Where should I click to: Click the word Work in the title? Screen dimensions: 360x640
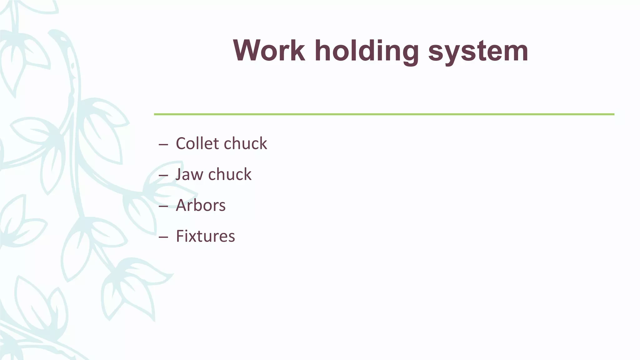pyautogui.click(x=269, y=51)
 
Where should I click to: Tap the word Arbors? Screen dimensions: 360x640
pyautogui.click(x=201, y=205)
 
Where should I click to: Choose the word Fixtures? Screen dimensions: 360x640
pyautogui.click(x=205, y=236)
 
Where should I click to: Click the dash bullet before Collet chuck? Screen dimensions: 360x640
pyautogui.click(x=163, y=145)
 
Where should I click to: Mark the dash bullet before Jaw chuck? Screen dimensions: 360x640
pyautogui.click(x=163, y=176)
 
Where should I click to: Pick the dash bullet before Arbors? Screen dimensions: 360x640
pyautogui.click(x=163, y=207)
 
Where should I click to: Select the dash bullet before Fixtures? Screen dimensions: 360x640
pyautogui.click(x=163, y=237)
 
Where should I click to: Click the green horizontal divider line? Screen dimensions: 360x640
pyautogui.click(x=384, y=114)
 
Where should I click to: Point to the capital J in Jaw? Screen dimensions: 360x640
pyautogui.click(x=179, y=174)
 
